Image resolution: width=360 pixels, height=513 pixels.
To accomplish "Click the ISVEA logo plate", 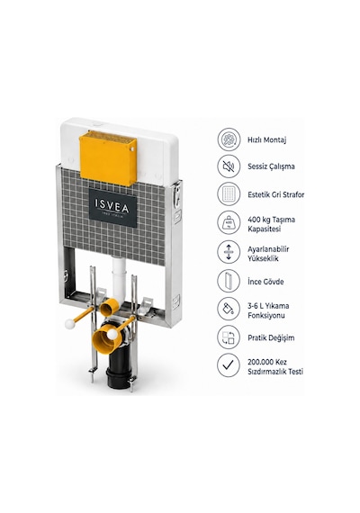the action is tap(112, 207).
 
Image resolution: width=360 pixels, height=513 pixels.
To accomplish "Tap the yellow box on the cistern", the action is tap(108, 158).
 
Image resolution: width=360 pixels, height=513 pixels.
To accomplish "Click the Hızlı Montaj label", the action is tap(267, 140).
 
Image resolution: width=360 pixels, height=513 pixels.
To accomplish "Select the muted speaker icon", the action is tap(229, 166).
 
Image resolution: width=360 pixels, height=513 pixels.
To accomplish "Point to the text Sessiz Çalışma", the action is tap(271, 166).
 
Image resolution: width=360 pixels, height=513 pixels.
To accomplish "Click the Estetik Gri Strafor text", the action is tap(276, 194).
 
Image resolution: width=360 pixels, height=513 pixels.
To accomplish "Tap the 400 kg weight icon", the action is tap(229, 223).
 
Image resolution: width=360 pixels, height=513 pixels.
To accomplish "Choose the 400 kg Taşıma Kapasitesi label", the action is tap(271, 224).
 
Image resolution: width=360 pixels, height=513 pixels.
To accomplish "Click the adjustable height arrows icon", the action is tap(229, 252).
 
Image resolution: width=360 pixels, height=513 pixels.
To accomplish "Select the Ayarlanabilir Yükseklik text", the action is tap(268, 254).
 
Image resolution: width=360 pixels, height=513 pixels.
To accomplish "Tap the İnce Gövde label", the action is tap(265, 282).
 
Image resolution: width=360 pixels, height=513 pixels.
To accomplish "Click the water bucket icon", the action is tap(229, 309).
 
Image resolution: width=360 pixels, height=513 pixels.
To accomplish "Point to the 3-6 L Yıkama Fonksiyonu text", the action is tap(268, 310).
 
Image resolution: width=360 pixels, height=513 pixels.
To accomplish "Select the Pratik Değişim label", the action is tap(271, 337).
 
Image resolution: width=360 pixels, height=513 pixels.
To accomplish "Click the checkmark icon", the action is tap(229, 365).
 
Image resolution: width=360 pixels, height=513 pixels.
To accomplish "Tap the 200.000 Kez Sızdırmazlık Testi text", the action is tap(275, 367).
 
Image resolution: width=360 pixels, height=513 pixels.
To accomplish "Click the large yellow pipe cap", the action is tap(104, 340).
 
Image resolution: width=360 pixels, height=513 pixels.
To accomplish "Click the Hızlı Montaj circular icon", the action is tap(229, 139).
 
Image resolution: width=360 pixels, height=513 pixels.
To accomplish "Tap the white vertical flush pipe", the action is tap(119, 279).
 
